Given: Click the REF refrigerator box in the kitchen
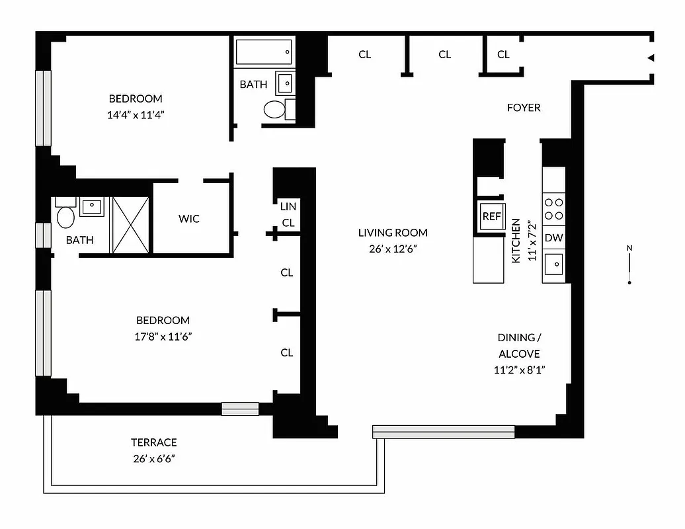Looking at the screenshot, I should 491,216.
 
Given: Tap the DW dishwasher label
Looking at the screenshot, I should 553,238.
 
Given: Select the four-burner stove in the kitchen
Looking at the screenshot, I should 553,209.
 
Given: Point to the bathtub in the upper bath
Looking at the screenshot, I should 264,52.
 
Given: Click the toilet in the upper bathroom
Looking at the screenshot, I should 274,109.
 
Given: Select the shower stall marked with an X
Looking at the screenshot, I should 131,225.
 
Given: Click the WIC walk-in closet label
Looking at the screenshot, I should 189,219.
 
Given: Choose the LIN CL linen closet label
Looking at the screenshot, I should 288,215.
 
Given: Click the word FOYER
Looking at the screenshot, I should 523,107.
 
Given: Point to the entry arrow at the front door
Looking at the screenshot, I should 651,58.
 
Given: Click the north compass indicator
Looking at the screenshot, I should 629,265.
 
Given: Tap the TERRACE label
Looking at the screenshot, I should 153,442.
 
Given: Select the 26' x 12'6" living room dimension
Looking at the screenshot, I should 393,249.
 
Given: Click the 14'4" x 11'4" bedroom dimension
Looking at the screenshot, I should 136,114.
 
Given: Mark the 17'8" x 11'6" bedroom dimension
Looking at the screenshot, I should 163,336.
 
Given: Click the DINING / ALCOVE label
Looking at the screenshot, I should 519,345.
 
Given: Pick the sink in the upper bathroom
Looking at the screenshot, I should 286,83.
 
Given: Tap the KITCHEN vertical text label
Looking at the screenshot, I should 516,241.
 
